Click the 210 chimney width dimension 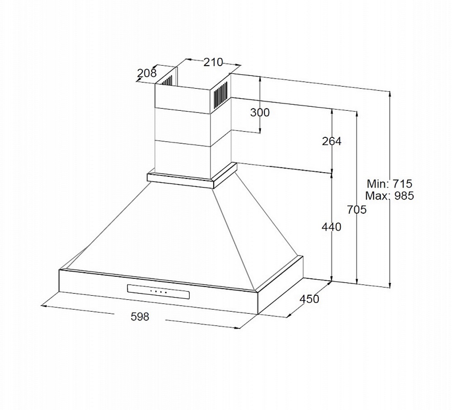213,62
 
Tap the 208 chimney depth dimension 147,73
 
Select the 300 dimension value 260,113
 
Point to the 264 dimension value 331,141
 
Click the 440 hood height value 331,227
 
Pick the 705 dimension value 357,210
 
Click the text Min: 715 390,184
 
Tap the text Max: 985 390,196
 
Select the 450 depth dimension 309,299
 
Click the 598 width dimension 140,316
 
